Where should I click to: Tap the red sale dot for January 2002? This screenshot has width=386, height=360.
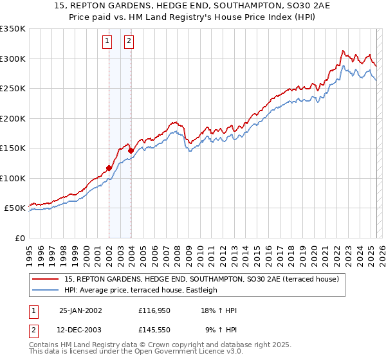[x=109, y=168]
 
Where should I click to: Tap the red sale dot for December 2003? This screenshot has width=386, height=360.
[x=131, y=151]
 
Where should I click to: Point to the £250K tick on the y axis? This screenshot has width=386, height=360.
[x=13, y=89]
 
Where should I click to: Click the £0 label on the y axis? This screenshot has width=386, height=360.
[x=19, y=239]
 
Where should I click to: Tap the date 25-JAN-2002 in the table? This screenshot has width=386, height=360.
[x=80, y=310]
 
